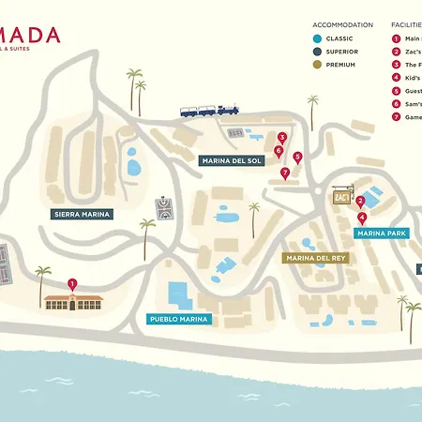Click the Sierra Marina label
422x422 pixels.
(82, 214)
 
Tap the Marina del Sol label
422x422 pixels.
(232, 161)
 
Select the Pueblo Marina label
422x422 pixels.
(180, 319)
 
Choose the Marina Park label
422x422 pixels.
(382, 233)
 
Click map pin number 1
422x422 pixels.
(73, 284)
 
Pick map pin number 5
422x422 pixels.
(297, 158)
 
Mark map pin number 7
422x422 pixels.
(284, 173)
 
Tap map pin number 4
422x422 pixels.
(362, 218)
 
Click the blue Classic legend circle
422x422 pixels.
(319, 38)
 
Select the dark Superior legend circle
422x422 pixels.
(319, 52)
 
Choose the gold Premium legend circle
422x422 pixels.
(319, 65)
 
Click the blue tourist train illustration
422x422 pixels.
(210, 110)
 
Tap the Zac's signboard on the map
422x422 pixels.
(340, 198)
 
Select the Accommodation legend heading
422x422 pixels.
(342, 24)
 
